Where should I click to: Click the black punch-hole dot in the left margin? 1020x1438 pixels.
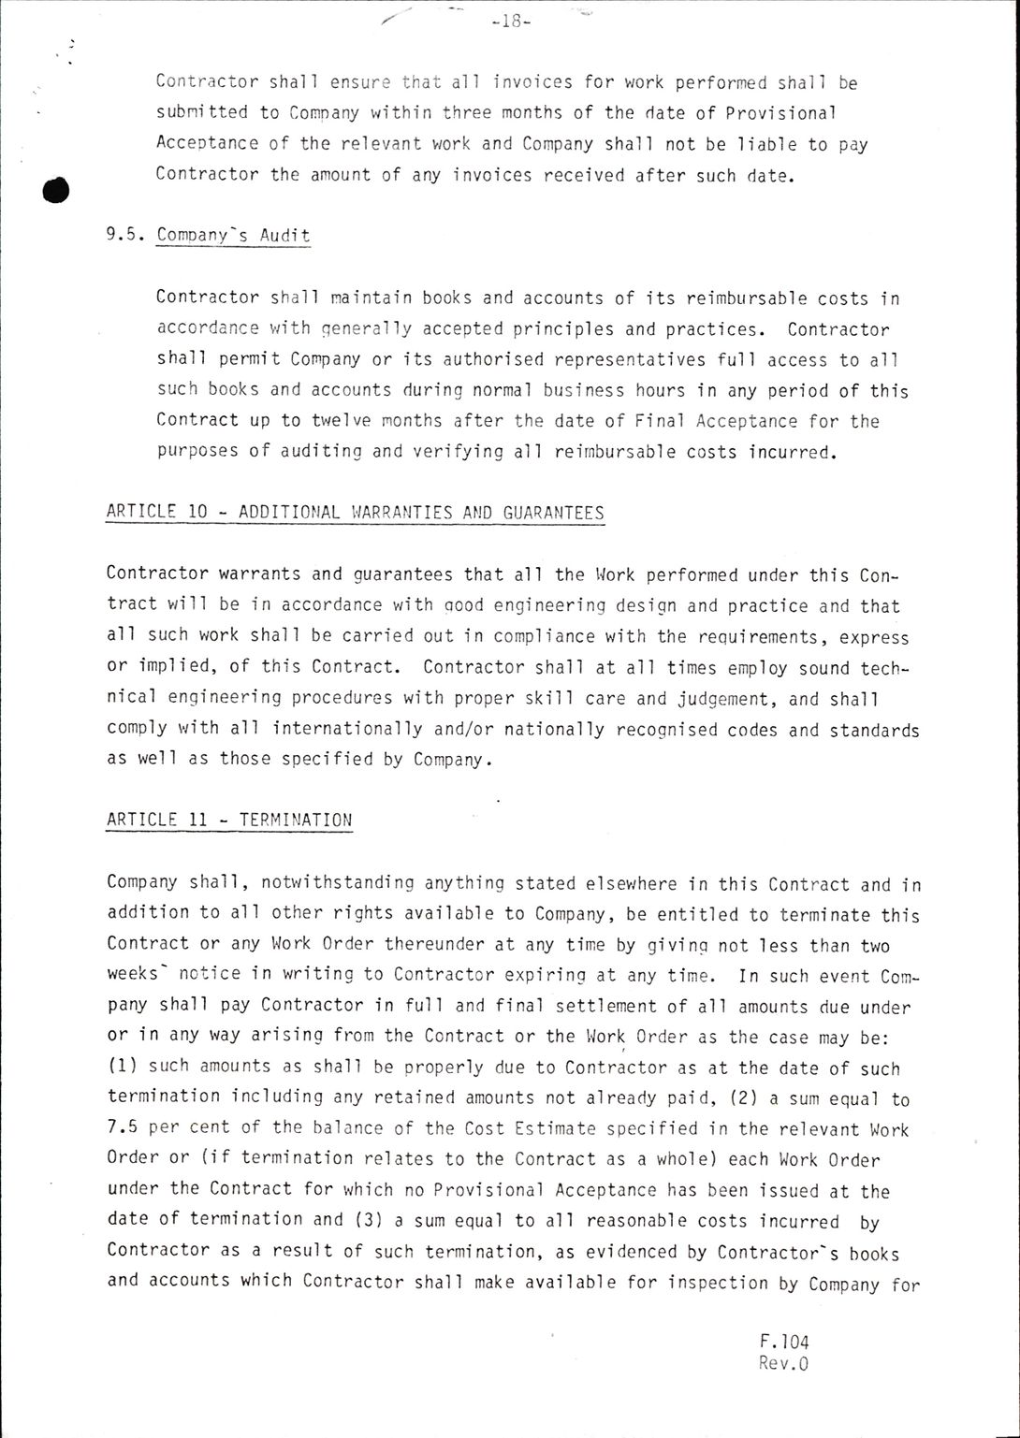57,190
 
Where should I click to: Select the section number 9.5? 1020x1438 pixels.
125,235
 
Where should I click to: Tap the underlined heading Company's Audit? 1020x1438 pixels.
233,235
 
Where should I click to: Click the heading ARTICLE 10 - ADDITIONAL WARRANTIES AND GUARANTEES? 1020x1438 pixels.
356,513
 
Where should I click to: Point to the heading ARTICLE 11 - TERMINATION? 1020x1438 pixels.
229,821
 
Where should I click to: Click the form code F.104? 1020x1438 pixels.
784,1342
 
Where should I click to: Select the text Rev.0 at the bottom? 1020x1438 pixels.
783,1363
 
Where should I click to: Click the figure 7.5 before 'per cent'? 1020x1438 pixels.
123,1128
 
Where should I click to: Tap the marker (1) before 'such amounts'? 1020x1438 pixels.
123,1067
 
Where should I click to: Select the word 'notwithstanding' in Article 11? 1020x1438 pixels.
337,883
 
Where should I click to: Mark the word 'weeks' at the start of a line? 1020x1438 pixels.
134,975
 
